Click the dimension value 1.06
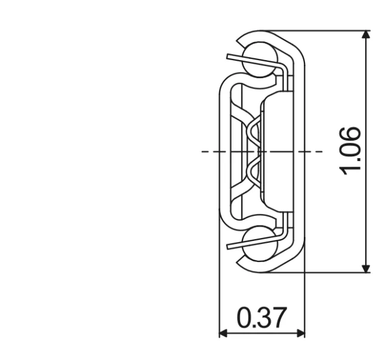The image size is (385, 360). point(351,150)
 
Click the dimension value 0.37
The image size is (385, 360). point(262,318)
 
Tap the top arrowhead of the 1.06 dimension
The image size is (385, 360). point(366,35)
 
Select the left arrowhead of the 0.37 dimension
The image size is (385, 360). point(223,333)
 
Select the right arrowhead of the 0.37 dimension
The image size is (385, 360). point(301,333)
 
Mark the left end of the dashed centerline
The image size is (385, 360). point(203,151)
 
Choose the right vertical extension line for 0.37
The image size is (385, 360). point(305,301)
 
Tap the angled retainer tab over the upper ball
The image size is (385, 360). point(253,61)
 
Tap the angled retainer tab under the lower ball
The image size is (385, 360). point(253,242)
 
